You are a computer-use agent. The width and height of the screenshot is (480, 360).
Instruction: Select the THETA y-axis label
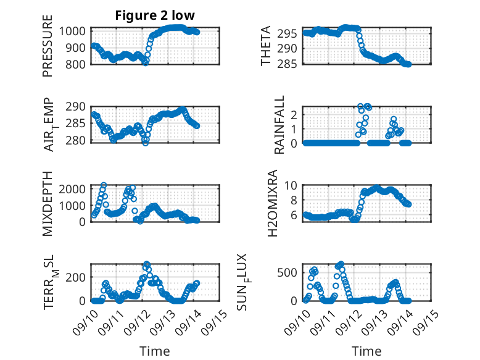pos(266,46)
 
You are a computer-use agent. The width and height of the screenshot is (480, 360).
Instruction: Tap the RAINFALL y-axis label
pos(279,125)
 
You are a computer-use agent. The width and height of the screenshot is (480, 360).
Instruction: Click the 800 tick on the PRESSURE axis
pos(77,64)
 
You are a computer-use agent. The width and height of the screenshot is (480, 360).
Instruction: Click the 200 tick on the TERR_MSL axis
pos(77,277)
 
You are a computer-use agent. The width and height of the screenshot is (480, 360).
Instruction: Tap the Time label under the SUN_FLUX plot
pos(366,351)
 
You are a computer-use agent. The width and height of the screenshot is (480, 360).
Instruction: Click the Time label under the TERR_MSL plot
pos(154,351)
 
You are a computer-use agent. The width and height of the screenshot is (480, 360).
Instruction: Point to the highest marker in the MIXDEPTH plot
pos(104,185)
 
